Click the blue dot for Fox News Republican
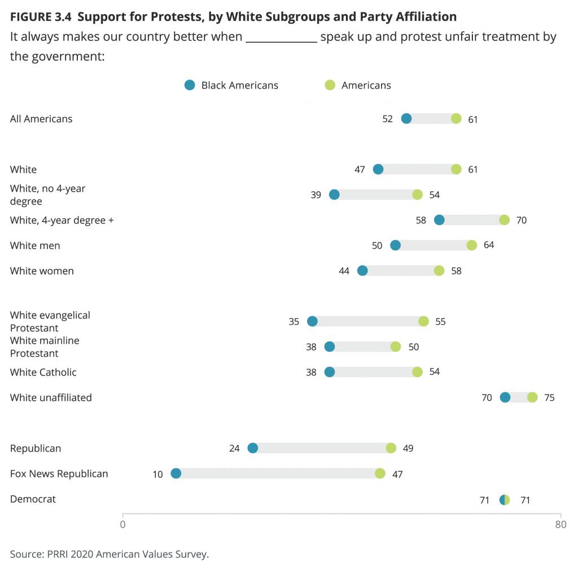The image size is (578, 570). [176, 474]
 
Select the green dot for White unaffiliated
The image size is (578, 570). [532, 397]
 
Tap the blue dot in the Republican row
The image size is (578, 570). [253, 448]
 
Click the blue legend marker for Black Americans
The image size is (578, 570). [190, 85]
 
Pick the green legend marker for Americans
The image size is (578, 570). [330, 85]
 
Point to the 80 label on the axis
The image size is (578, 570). [560, 524]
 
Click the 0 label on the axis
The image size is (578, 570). [122, 524]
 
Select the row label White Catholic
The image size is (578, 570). [43, 372]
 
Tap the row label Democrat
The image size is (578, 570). [33, 499]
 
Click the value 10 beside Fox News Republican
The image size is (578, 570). [157, 474]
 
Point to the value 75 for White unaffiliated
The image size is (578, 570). [549, 398]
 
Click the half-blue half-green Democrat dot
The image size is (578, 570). [505, 500]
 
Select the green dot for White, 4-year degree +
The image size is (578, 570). [504, 220]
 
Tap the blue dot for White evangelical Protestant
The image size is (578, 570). [312, 321]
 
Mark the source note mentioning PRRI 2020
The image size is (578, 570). [110, 554]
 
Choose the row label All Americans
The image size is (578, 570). [41, 118]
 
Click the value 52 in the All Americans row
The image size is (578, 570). [387, 119]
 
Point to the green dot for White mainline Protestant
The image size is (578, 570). [396, 347]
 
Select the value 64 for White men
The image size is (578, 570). [489, 246]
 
